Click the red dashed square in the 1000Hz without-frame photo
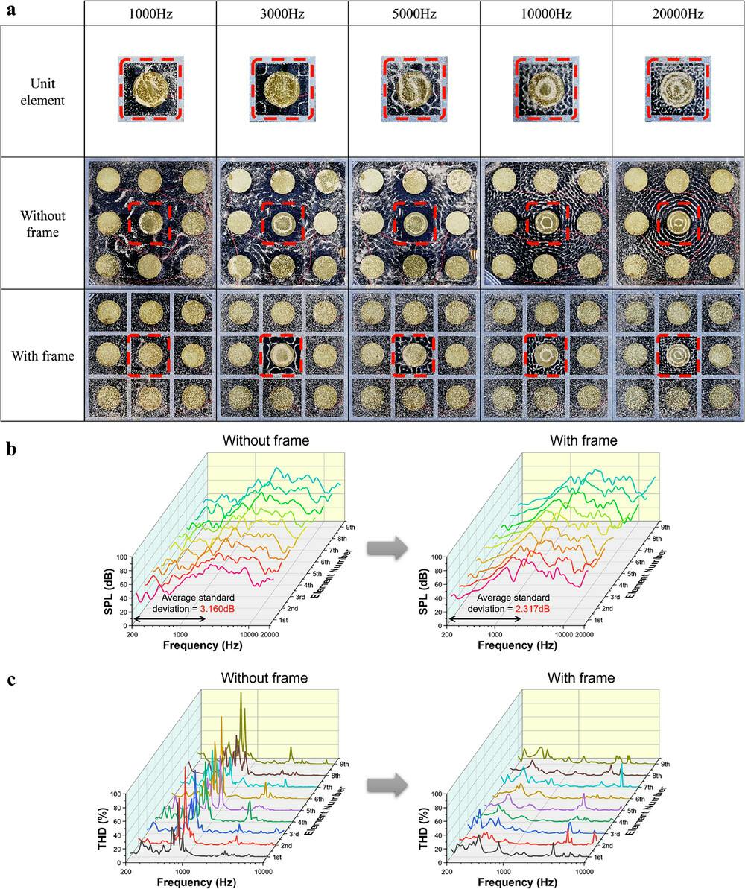tap(150, 223)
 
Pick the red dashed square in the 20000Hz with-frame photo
tap(677, 355)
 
